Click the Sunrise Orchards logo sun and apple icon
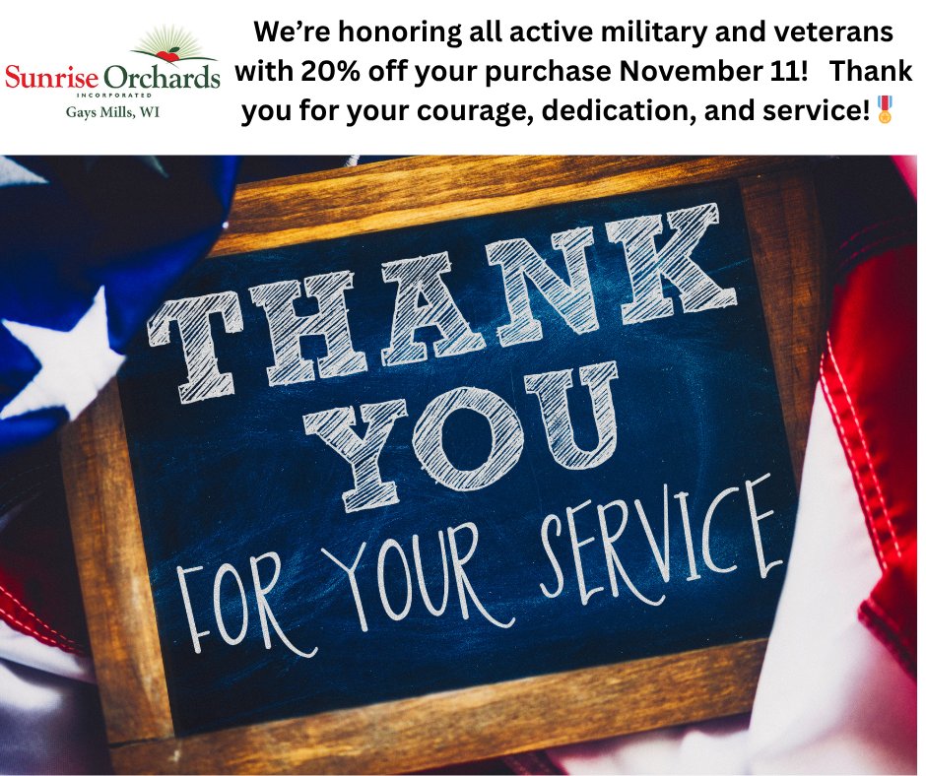click(173, 44)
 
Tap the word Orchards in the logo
click(161, 77)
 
